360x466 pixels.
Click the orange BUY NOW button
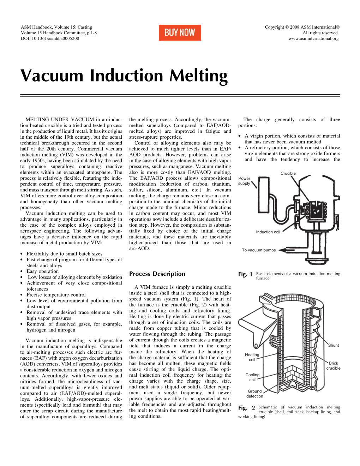(180, 32)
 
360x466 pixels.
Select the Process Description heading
(157, 274)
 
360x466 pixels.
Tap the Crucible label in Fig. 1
(288, 173)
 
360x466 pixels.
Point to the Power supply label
(244, 181)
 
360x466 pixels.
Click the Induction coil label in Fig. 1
(268, 232)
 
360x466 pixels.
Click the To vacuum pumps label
(259, 250)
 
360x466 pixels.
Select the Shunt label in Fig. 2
(333, 345)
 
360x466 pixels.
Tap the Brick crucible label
(333, 365)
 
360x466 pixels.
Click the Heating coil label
(252, 357)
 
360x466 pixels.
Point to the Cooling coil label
(252, 377)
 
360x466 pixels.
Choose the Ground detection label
(255, 394)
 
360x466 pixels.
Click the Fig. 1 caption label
(245, 274)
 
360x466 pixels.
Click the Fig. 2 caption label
(246, 408)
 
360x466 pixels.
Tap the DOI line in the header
(50, 38)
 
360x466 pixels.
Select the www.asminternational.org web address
(313, 38)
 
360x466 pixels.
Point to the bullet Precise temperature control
(56, 295)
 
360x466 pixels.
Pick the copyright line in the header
(302, 27)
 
